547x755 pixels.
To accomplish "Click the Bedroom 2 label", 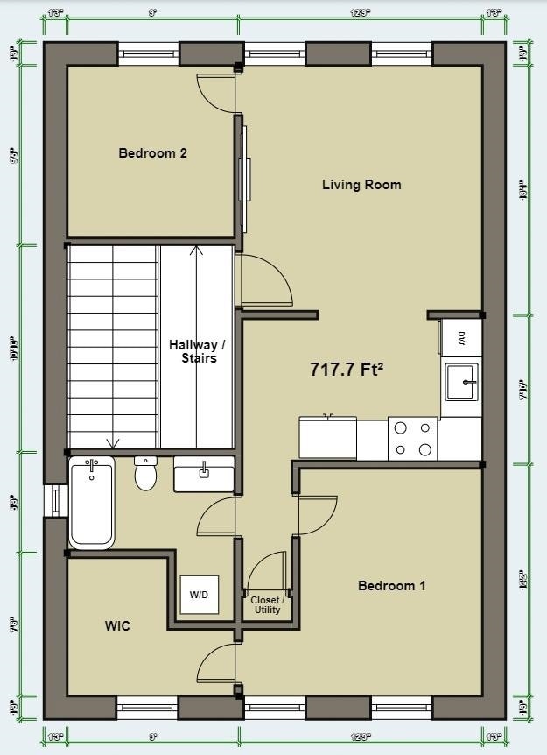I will [x=152, y=153].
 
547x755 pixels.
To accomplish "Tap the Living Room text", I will [x=361, y=185].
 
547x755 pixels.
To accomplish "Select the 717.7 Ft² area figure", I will [x=347, y=370].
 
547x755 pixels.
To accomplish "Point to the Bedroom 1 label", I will [x=391, y=586].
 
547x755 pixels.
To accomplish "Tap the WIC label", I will [x=117, y=626].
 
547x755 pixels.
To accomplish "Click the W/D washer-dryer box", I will [x=200, y=595].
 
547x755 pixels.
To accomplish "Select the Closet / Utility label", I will [x=267, y=605].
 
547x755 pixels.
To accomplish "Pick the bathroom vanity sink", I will [x=204, y=474].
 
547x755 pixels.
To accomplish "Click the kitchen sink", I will [x=461, y=381].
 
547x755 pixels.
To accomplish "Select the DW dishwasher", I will [x=461, y=337].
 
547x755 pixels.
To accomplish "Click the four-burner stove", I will [x=413, y=439].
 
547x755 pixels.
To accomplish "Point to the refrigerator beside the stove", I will [x=327, y=437].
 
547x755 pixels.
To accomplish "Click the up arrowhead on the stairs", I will [x=197, y=250].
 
